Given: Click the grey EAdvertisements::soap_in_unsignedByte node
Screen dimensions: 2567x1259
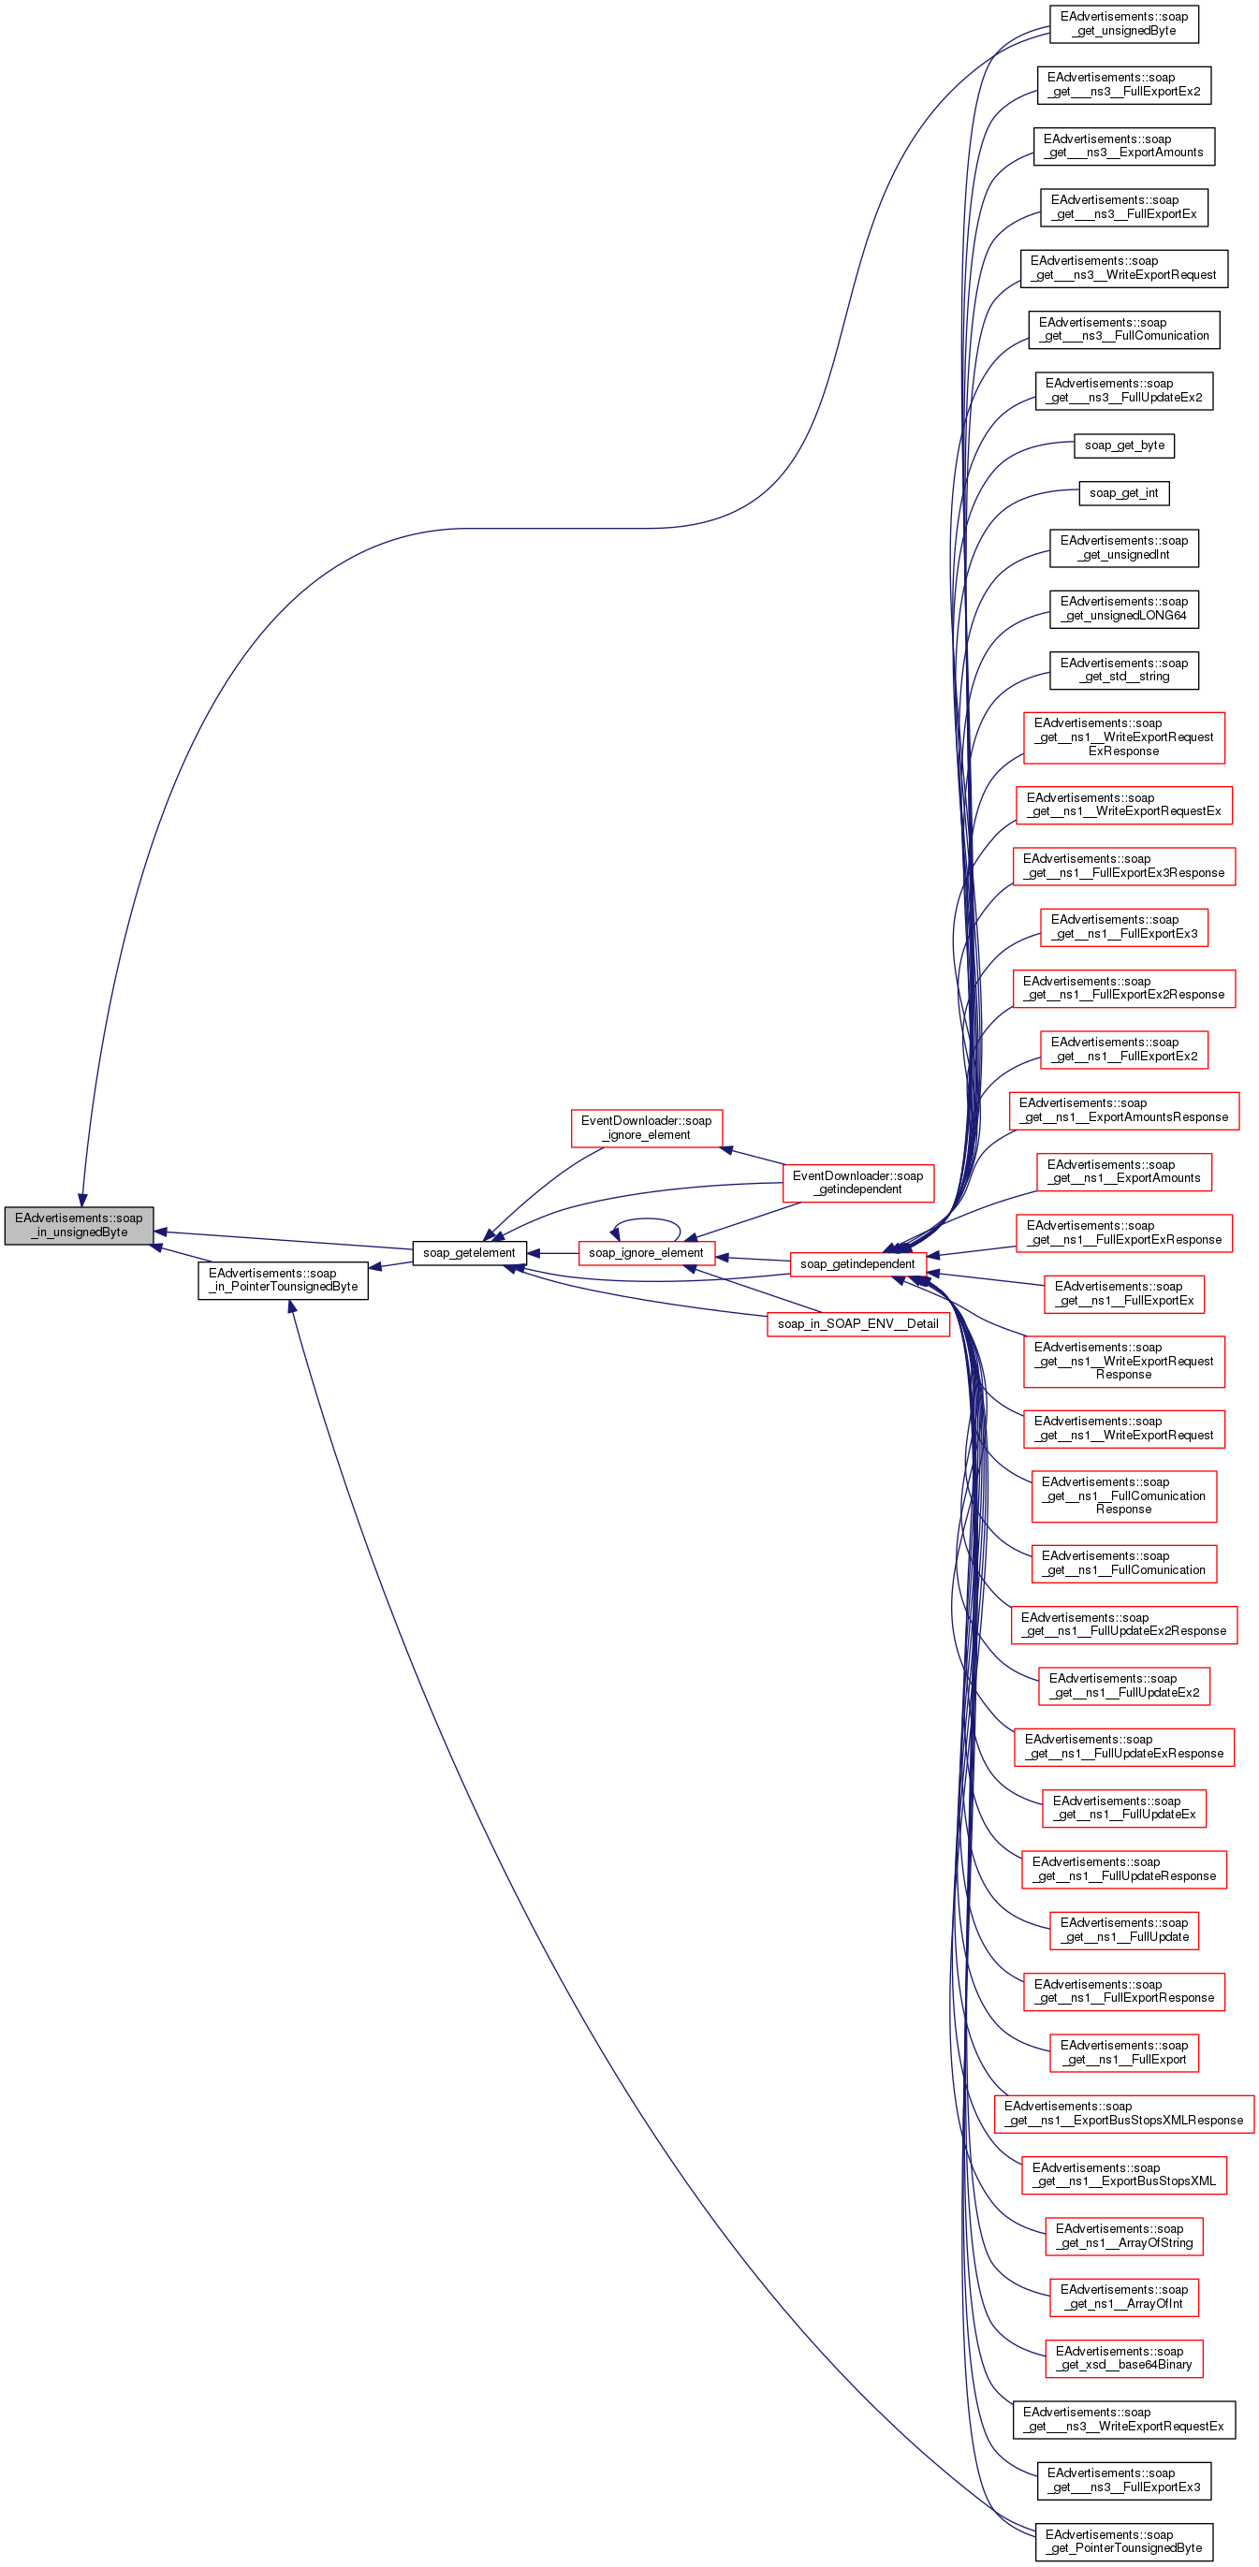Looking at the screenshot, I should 79,1225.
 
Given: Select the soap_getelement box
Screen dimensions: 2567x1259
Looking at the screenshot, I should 469,1252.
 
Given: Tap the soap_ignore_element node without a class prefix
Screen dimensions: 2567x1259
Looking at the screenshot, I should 646,1252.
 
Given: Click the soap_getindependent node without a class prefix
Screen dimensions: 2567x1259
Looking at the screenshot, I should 857,1263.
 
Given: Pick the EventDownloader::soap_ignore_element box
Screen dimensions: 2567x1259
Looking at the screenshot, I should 646,1127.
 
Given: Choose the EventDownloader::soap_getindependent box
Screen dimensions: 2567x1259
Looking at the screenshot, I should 857,1182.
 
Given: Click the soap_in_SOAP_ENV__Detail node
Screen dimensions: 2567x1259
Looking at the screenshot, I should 857,1323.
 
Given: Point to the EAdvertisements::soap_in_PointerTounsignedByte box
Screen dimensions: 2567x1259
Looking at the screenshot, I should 283,1279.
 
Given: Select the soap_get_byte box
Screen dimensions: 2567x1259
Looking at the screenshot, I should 1123,445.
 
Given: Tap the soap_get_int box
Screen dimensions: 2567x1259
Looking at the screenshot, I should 1123,493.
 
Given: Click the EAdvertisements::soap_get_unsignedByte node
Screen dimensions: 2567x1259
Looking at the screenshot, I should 1123,24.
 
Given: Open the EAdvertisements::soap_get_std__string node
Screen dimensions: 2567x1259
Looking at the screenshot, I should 1123,670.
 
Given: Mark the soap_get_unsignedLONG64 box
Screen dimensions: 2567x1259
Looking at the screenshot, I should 1123,609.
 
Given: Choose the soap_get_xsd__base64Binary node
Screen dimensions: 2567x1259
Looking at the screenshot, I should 1123,2357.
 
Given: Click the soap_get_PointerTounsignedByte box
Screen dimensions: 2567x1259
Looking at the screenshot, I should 1123,2541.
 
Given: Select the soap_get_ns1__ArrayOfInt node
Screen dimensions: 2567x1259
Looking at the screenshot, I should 1123,2296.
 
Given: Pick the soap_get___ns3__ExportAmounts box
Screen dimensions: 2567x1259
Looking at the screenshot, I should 1123,145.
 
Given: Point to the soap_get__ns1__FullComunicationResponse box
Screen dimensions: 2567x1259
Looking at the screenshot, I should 1123,1495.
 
